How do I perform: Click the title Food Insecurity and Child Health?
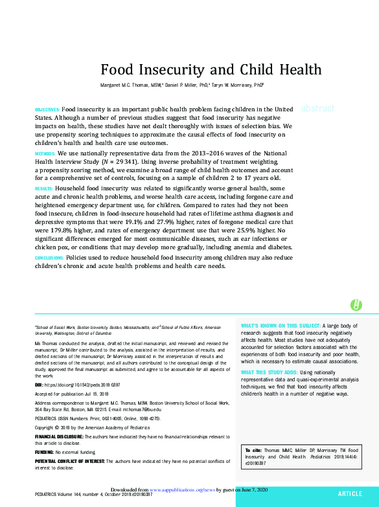click(211, 69)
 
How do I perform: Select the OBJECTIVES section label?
click(47, 110)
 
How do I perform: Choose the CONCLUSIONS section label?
click(50, 258)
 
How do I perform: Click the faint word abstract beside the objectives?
click(318, 109)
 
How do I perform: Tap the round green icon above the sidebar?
click(356, 304)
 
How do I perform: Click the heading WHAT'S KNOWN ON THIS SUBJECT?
click(280, 325)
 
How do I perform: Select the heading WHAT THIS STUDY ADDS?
click(270, 372)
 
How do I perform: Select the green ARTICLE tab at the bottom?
click(350, 493)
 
